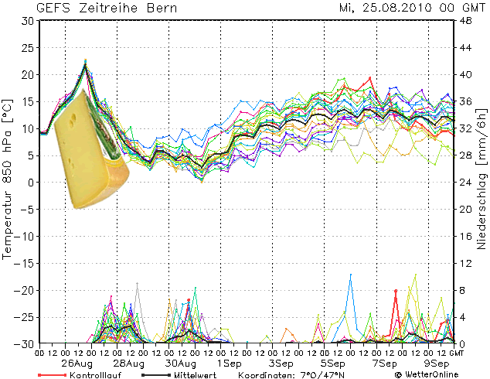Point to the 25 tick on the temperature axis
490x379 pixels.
pos(26,48)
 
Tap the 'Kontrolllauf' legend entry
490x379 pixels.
pos(87,374)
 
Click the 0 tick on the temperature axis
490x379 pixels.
pos(29,183)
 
